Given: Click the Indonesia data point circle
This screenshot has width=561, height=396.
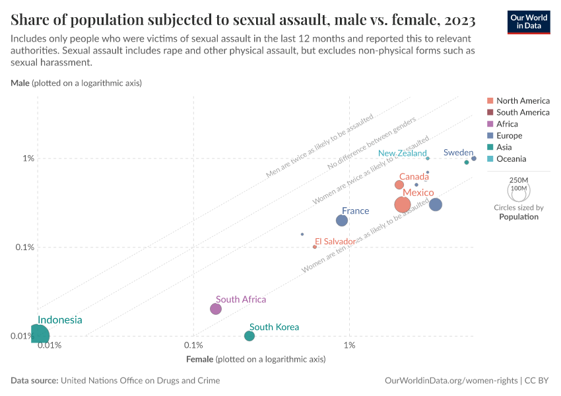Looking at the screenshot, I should pyautogui.click(x=38, y=335).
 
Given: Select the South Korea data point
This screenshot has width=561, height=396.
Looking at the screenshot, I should pyautogui.click(x=249, y=336).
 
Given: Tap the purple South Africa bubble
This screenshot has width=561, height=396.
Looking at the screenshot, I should pyautogui.click(x=216, y=309).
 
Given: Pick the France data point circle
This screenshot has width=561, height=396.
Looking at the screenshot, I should pyautogui.click(x=342, y=220).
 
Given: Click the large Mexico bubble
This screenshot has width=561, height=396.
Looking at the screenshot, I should pyautogui.click(x=403, y=205).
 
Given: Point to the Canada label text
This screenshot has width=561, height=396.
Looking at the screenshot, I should pyautogui.click(x=414, y=177).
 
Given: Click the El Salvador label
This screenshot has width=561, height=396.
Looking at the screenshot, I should pyautogui.click(x=335, y=242).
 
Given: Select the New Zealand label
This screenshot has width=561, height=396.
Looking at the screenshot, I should pyautogui.click(x=402, y=153).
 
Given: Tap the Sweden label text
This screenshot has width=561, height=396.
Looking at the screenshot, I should pyautogui.click(x=458, y=152).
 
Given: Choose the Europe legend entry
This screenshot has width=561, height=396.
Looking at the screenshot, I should pyautogui.click(x=509, y=135).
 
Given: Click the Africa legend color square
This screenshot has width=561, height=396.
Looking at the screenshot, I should pyautogui.click(x=490, y=124).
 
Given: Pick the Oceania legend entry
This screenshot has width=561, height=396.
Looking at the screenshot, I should pyautogui.click(x=511, y=158).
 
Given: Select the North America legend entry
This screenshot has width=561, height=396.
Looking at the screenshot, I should pyautogui.click(x=522, y=101).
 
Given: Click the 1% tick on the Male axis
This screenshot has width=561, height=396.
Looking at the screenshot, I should pyautogui.click(x=28, y=158).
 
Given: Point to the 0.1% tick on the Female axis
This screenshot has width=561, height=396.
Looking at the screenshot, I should pyautogui.click(x=193, y=346).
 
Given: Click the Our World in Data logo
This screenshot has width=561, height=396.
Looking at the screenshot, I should pyautogui.click(x=528, y=22).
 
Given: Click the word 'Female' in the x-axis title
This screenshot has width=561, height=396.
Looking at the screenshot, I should pyautogui.click(x=200, y=360).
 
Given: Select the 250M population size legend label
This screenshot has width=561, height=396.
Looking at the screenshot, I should pyautogui.click(x=519, y=180).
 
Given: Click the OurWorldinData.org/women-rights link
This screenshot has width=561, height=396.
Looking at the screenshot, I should pyautogui.click(x=451, y=381).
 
